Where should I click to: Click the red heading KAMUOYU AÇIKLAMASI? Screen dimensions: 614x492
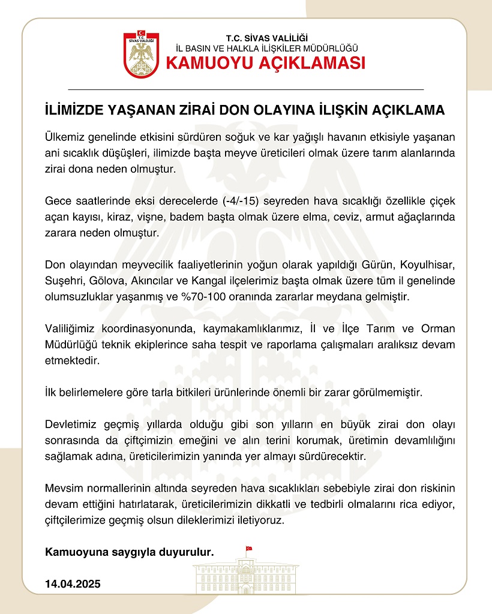click(x=265, y=63)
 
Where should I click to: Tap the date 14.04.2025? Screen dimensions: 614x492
click(x=73, y=583)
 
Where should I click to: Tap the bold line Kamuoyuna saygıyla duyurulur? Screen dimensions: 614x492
click(x=130, y=552)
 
